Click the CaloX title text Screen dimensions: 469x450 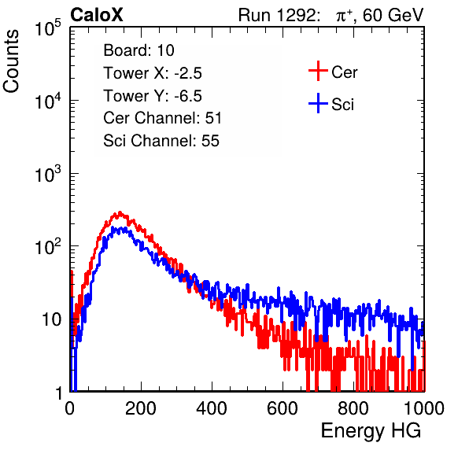pyautogui.click(x=97, y=15)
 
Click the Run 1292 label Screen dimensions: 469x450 pyautogui.click(x=277, y=15)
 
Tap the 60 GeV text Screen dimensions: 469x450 pyautogui.click(x=393, y=15)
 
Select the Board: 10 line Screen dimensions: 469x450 pyautogui.click(x=138, y=50)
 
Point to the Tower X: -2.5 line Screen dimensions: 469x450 pyautogui.click(x=153, y=73)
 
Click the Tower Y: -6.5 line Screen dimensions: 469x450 pyautogui.click(x=153, y=96)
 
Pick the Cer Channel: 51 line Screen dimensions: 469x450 pyautogui.click(x=162, y=118)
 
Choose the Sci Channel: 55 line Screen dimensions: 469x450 pyautogui.click(x=161, y=141)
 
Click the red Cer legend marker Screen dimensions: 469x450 pyautogui.click(x=318, y=71)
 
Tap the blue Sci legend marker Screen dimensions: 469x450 pyautogui.click(x=318, y=103)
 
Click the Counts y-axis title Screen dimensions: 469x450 pyautogui.click(x=11, y=61)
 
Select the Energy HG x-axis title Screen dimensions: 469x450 pyautogui.click(x=371, y=431)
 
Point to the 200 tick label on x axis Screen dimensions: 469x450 pyautogui.click(x=141, y=408)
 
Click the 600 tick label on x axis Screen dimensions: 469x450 pyautogui.click(x=283, y=408)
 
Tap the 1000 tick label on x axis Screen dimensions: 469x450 pyautogui.click(x=424, y=408)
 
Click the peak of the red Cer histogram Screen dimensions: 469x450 pyautogui.click(x=120, y=213)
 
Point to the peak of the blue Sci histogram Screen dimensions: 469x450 pyautogui.click(x=113, y=228)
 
